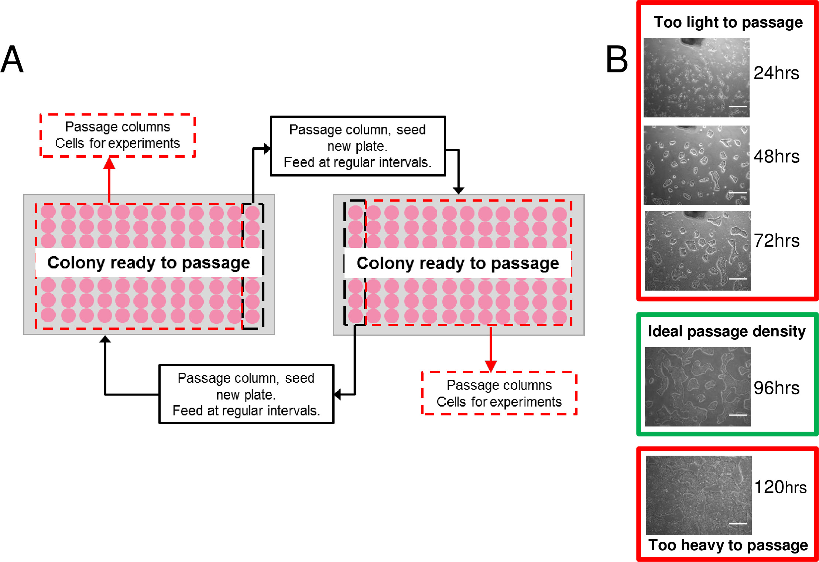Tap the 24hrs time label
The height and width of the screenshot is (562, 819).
(776, 73)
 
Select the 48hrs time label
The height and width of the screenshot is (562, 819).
(777, 157)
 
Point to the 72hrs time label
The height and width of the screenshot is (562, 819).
(777, 241)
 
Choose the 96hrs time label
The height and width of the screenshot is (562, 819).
(777, 388)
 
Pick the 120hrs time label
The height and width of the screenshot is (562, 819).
(780, 487)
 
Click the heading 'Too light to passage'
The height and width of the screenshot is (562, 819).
(728, 23)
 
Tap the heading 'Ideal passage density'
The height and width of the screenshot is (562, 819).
(727, 331)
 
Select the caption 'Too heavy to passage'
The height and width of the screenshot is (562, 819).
(728, 545)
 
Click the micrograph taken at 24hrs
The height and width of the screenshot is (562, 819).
(696, 78)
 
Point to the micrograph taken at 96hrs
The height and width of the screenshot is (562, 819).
(698, 387)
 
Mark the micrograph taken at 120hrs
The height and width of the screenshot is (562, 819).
(699, 495)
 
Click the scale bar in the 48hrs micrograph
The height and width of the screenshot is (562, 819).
(738, 193)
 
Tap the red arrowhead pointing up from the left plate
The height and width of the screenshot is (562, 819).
(109, 163)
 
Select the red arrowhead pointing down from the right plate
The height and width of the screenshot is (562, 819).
(491, 366)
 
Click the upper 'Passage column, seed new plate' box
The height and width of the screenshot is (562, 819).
(358, 146)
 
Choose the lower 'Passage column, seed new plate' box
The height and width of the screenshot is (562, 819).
(246, 394)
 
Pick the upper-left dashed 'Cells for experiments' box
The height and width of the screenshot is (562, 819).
(118, 136)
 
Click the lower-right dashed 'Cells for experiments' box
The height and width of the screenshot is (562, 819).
(499, 394)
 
